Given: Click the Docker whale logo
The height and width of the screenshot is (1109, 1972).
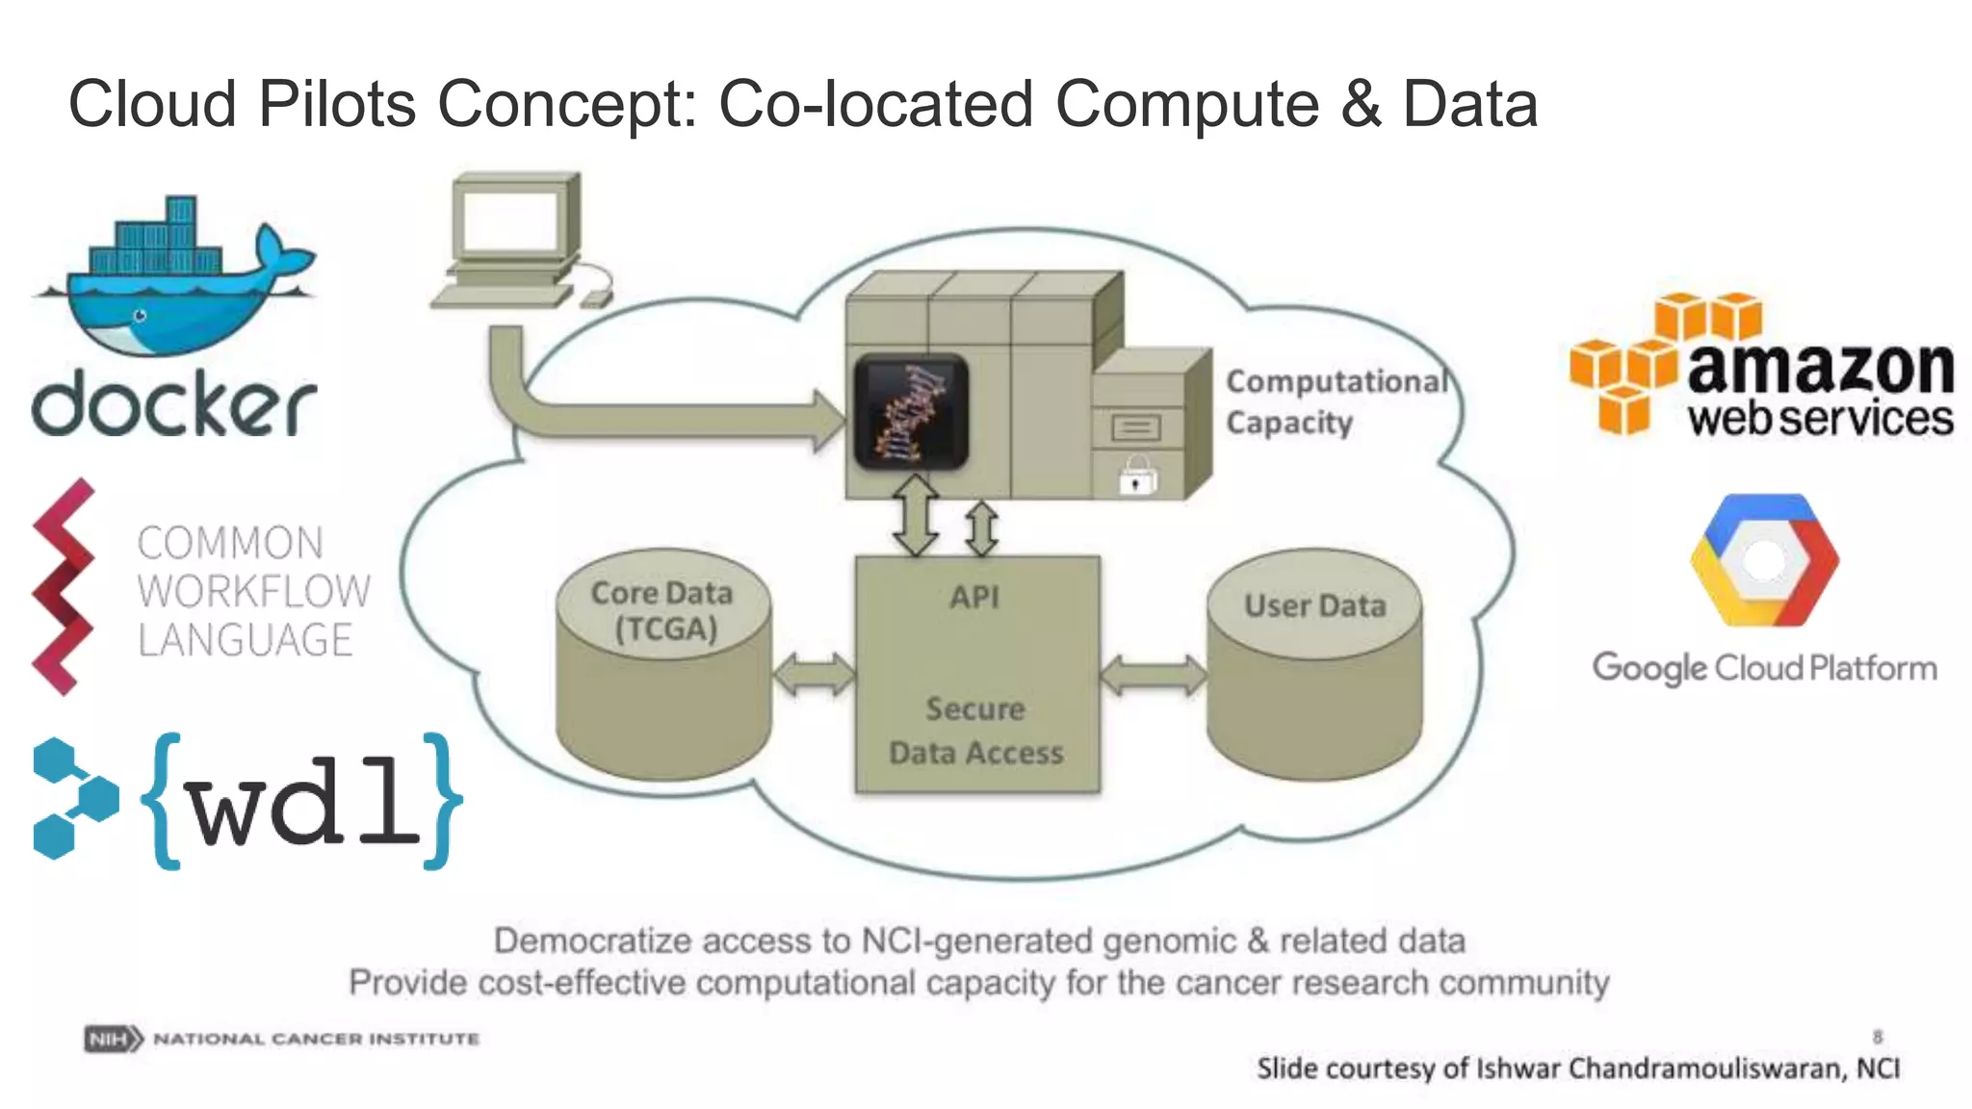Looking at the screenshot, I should (173, 279).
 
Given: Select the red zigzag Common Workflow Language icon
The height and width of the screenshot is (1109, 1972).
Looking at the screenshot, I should (64, 587).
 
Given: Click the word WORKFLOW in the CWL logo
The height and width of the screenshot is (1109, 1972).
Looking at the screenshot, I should (253, 591).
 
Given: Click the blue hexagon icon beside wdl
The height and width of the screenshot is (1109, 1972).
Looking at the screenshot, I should (73, 799).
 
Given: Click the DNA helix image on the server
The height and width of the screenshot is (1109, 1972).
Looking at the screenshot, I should (911, 411).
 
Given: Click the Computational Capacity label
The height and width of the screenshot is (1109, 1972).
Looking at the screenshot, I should (1334, 401).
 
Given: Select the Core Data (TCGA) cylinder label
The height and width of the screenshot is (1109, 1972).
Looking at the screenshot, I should (662, 610).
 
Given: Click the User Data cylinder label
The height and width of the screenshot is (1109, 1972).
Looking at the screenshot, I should (1314, 606).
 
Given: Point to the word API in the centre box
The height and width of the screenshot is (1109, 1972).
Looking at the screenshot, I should (974, 597).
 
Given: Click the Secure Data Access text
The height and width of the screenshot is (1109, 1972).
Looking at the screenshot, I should (975, 731).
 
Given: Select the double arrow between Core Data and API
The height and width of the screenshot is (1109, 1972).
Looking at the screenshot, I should (814, 674).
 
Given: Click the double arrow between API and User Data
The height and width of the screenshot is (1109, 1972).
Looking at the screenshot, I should (1153, 674).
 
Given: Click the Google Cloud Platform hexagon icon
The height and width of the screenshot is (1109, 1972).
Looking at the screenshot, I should (1764, 560).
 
